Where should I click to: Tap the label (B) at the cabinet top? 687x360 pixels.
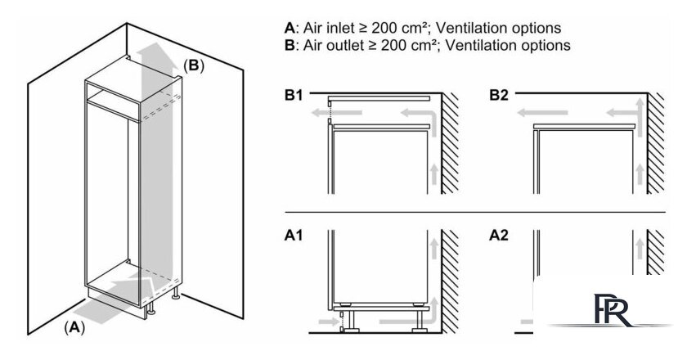[193, 65]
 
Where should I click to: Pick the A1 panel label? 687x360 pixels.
[294, 236]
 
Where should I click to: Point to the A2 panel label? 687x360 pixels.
[499, 236]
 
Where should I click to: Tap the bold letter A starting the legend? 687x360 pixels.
[289, 29]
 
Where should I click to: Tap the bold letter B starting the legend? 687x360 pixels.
[289, 45]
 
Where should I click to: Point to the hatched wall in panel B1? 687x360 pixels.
[449, 143]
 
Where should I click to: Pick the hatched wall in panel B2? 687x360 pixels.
[655, 143]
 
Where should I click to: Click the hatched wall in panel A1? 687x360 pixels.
[449, 282]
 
